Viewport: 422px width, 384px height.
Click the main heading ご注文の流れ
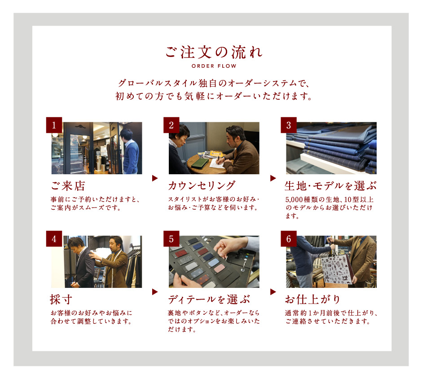coord(214,52)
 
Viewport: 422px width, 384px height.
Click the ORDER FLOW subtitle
coord(214,66)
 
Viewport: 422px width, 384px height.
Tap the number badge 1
coord(54,125)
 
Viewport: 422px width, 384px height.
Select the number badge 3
coord(289,125)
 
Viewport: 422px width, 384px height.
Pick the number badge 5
coord(171,238)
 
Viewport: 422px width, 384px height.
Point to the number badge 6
coord(289,238)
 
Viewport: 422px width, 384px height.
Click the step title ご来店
coord(68,186)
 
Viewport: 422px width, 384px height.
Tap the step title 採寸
coord(61,300)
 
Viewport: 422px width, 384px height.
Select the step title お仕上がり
coord(313,300)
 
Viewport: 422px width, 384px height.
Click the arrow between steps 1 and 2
coord(155,178)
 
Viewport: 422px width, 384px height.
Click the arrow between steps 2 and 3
coord(273,178)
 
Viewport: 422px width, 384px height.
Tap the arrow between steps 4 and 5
coord(155,291)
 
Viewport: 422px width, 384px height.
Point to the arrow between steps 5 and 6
coord(273,291)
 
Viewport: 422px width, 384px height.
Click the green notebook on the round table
coord(200,163)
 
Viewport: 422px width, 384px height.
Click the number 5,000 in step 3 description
coord(294,199)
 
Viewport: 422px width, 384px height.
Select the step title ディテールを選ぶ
coord(209,300)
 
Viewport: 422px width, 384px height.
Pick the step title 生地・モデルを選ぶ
coord(331,186)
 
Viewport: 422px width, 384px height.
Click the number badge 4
coord(54,238)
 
